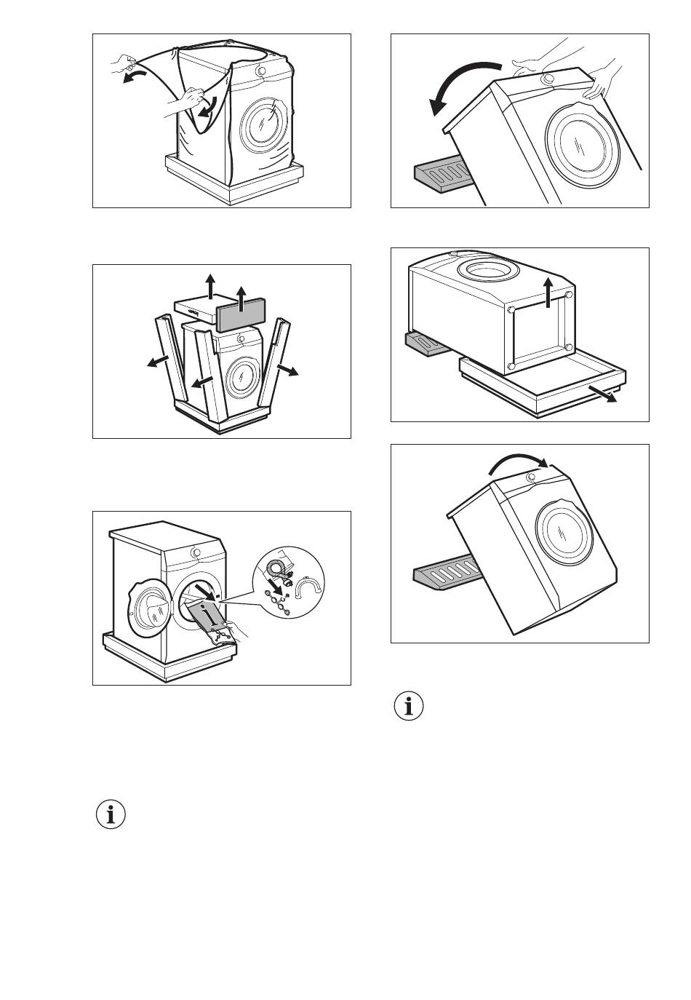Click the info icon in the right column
[x=409, y=707]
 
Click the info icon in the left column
[x=111, y=814]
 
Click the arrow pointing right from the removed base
[x=603, y=394]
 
